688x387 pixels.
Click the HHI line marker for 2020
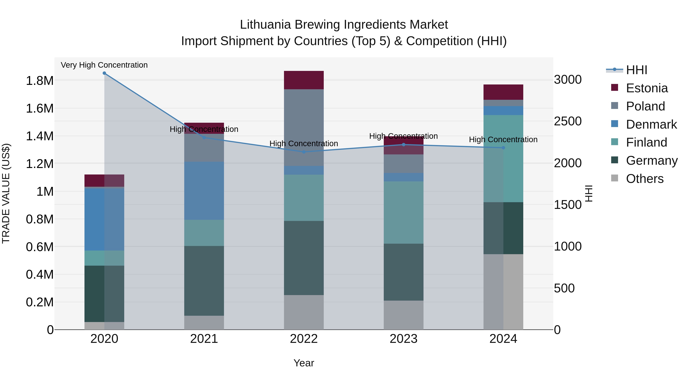click(104, 73)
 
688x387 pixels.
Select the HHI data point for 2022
click(304, 152)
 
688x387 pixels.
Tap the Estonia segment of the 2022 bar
click(304, 80)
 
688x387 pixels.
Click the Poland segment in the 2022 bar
click(304, 128)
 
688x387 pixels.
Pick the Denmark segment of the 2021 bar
click(204, 191)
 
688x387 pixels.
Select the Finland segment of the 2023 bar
click(404, 213)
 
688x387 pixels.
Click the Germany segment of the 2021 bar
click(204, 281)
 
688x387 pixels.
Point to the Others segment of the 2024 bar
click(503, 292)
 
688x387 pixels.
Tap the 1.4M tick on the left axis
click(40, 136)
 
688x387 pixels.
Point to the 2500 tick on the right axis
click(568, 121)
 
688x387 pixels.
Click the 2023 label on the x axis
click(404, 339)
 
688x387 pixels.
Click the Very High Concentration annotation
click(104, 65)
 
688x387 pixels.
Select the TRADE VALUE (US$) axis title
click(6, 193)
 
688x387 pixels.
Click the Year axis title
click(304, 363)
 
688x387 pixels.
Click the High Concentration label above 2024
click(503, 140)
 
